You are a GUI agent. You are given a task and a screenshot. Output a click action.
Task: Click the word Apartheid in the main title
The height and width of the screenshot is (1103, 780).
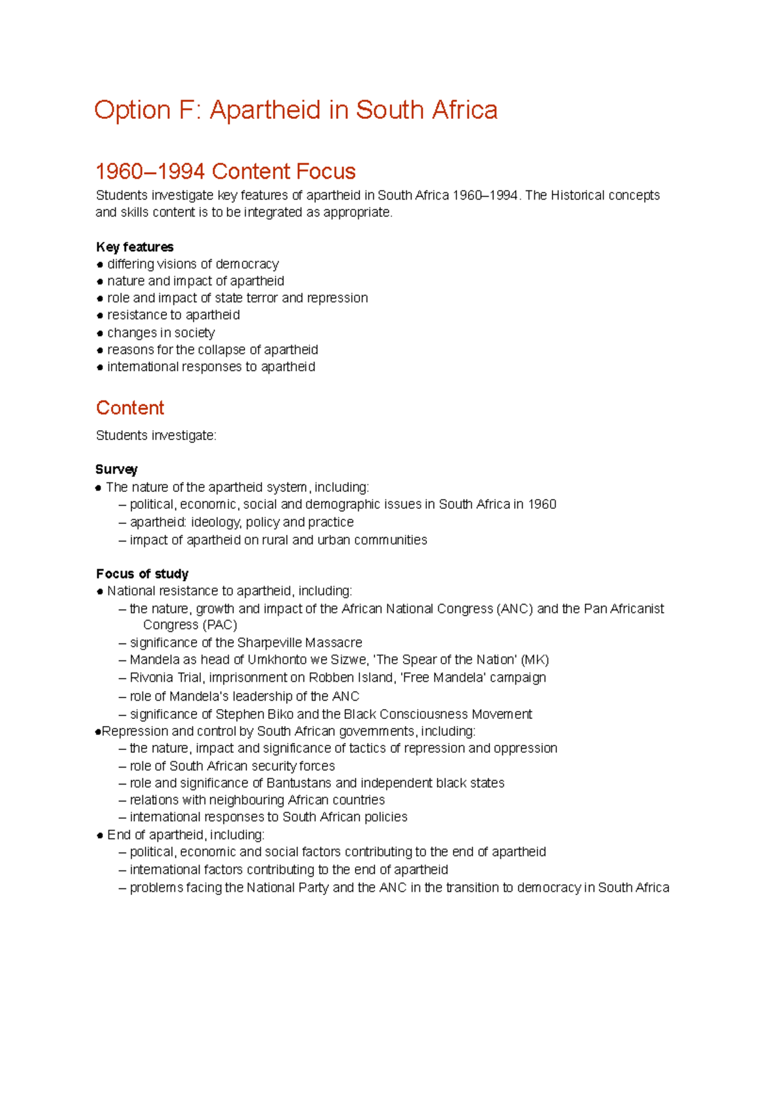pyautogui.click(x=265, y=110)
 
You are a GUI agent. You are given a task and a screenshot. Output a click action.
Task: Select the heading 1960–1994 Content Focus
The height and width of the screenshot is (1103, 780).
pyautogui.click(x=225, y=172)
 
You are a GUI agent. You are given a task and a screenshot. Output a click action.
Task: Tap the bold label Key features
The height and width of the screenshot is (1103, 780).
pyautogui.click(x=135, y=247)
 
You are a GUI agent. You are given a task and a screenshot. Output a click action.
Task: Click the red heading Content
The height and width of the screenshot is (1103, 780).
pyautogui.click(x=130, y=408)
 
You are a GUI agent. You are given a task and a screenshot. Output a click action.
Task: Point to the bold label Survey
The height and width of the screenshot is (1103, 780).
pyautogui.click(x=116, y=469)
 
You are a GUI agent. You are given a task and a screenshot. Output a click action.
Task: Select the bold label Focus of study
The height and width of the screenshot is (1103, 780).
pyautogui.click(x=142, y=574)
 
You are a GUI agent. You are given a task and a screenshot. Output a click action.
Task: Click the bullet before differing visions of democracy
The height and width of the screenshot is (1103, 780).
pyautogui.click(x=100, y=265)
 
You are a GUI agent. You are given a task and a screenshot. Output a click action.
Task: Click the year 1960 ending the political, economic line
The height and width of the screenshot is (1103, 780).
pyautogui.click(x=541, y=504)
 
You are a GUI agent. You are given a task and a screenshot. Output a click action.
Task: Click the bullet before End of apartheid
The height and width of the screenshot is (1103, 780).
pyautogui.click(x=100, y=835)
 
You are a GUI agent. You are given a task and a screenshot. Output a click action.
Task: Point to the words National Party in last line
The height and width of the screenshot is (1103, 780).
pyautogui.click(x=287, y=888)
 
